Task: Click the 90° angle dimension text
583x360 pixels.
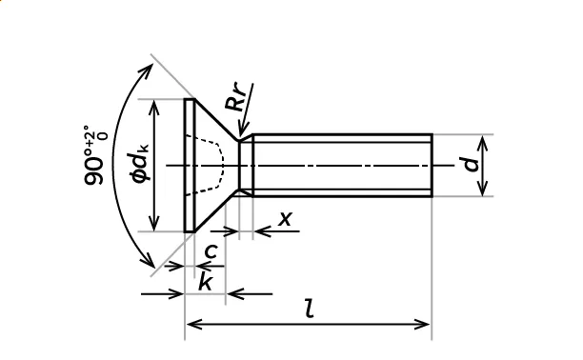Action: click(95, 155)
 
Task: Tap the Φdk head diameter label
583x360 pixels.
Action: click(140, 163)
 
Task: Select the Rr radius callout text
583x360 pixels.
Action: click(236, 98)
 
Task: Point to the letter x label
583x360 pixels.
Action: click(286, 219)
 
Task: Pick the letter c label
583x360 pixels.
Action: click(211, 251)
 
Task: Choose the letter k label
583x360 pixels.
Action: click(205, 281)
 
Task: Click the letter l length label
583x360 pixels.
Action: click(310, 309)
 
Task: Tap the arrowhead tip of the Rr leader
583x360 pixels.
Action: click(241, 137)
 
